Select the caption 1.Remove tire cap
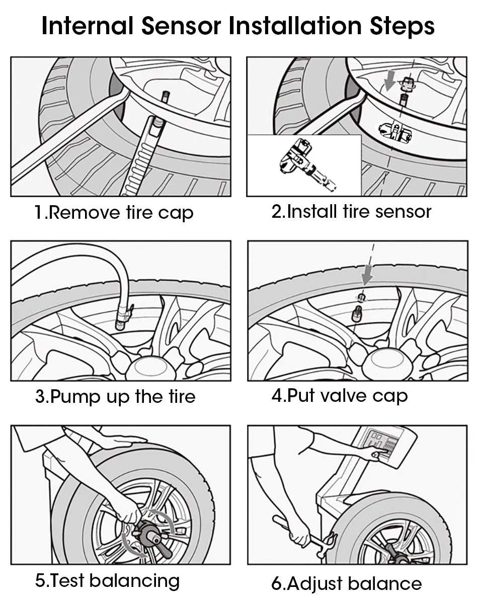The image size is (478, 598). point(114,212)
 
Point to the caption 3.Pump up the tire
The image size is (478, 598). point(115,396)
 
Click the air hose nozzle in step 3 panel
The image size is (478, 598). point(122,318)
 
